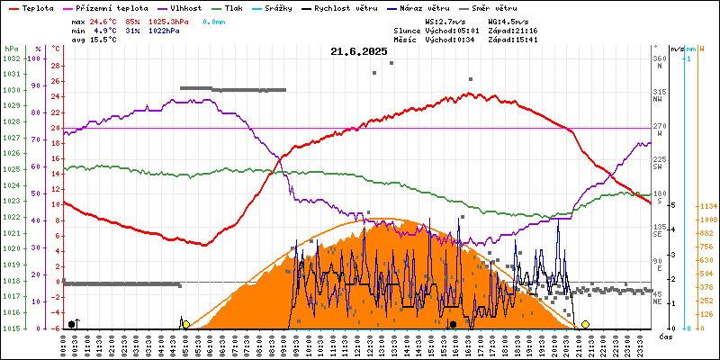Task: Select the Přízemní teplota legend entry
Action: coord(101,7)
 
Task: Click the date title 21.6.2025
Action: coord(359,52)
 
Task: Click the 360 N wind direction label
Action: coord(659,62)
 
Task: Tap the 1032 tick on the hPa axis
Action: coord(11,58)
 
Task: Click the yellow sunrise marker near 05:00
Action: coord(185,324)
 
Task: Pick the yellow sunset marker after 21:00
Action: coord(585,324)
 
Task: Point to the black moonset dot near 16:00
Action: coord(454,324)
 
